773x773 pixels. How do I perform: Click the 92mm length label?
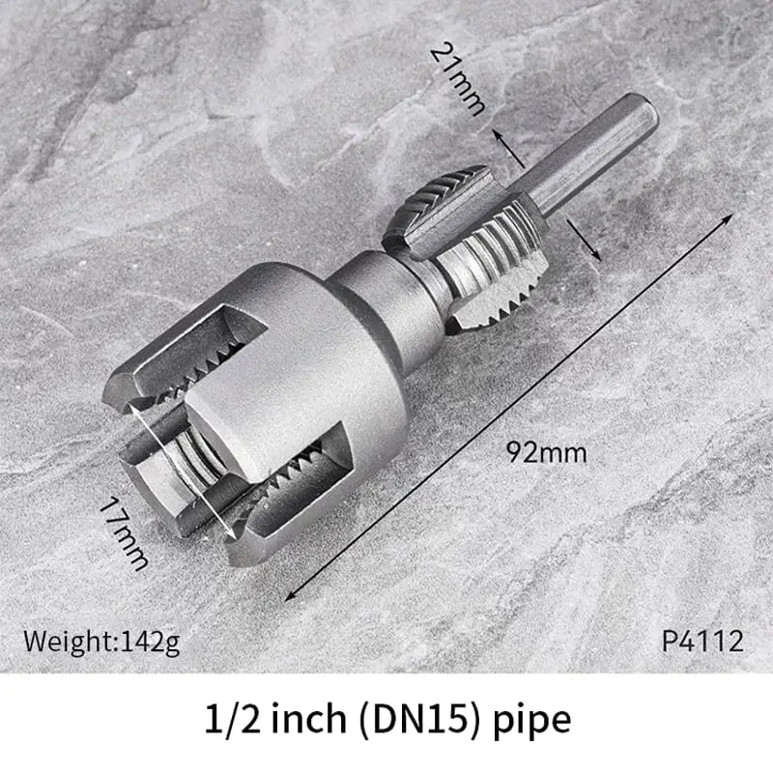click(x=546, y=452)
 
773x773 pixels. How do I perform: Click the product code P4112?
click(x=702, y=640)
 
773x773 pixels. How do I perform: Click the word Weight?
click(x=69, y=640)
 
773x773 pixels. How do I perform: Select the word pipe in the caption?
click(x=532, y=720)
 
